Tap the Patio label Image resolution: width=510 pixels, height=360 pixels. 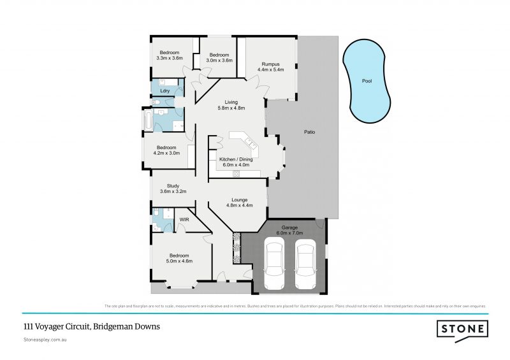[310, 132]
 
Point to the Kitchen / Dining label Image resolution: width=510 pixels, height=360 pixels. [234, 162]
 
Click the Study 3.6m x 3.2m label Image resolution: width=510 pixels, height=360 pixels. [168, 188]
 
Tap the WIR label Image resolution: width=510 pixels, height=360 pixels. [184, 219]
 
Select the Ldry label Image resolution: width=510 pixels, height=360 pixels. [164, 90]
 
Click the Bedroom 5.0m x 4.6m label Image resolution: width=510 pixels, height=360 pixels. [179, 258]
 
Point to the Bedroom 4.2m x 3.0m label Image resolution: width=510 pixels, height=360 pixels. [167, 150]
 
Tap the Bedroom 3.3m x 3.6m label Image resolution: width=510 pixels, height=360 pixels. [169, 55]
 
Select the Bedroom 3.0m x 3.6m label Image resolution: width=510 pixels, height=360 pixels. [220, 57]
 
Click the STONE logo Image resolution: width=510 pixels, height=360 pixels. [463, 329]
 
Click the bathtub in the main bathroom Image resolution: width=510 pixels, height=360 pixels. [148, 119]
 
